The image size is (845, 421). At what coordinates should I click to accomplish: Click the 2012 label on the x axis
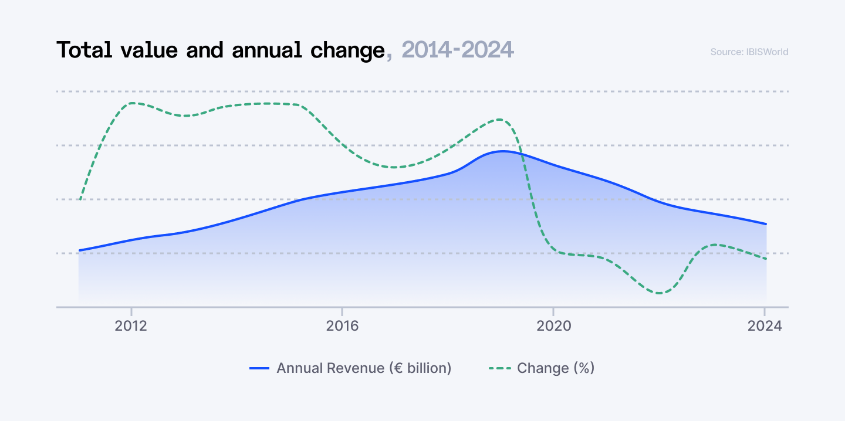tap(131, 326)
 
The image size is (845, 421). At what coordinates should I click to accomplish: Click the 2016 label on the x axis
tap(342, 326)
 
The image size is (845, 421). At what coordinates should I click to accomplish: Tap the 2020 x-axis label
tap(553, 326)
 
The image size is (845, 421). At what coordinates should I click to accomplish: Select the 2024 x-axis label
tap(765, 326)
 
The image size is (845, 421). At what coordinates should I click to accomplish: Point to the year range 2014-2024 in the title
tap(458, 50)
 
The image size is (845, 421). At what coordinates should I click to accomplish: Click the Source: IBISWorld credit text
tap(749, 52)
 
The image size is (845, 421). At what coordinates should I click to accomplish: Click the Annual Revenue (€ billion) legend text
tap(364, 368)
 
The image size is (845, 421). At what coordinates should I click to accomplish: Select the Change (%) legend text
tap(556, 368)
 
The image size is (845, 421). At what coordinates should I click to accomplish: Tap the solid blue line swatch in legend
tap(259, 368)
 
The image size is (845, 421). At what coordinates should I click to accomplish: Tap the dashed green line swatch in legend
tap(499, 368)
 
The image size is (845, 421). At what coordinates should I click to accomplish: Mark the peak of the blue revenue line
tap(502, 151)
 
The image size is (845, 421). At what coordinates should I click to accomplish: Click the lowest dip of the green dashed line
tap(660, 293)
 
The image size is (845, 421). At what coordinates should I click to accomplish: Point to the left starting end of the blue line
tap(79, 250)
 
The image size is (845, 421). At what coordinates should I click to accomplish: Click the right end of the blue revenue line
tap(766, 224)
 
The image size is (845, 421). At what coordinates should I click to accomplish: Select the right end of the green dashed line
tap(766, 259)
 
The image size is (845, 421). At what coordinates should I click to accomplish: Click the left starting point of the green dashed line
tap(80, 199)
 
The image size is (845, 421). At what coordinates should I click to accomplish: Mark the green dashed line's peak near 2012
tap(133, 103)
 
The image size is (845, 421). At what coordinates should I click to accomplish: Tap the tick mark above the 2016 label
tap(342, 310)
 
